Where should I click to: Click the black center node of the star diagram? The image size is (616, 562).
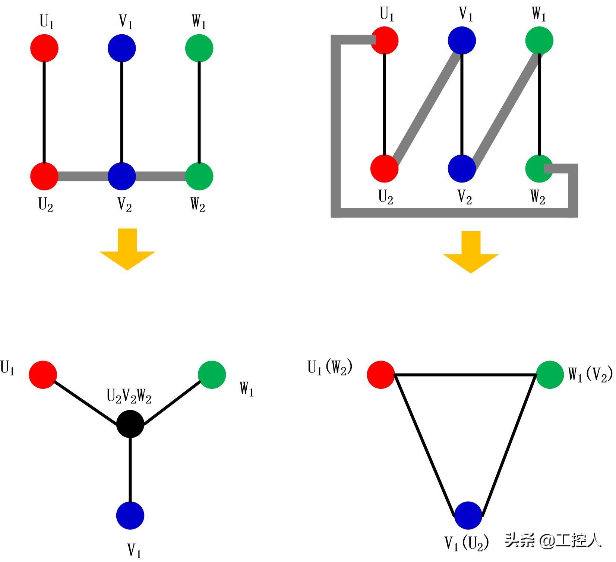pos(130,424)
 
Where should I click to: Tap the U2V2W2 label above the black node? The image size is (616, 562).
pos(129,396)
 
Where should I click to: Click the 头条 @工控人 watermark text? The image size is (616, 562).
pos(553,540)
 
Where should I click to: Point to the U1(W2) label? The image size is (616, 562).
pos(330,368)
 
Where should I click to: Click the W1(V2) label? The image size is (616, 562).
pos(590,375)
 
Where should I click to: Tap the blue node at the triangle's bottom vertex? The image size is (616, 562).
pos(468,515)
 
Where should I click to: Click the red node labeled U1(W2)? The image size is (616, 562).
pos(381,375)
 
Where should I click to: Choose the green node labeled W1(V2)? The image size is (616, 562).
pos(550,375)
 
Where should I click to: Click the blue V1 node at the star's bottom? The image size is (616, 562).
pos(130,515)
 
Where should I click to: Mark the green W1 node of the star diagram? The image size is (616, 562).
pos(212,375)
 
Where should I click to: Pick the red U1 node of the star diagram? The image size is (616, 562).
pos(43,375)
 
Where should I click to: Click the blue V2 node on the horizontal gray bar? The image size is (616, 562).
pos(121,176)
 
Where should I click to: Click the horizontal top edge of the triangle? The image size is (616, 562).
pos(465,375)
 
